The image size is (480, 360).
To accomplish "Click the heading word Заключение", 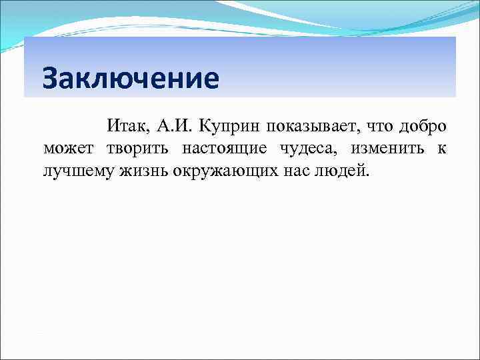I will [129, 79].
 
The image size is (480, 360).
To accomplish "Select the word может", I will [69, 149].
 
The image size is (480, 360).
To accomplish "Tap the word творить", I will [140, 149].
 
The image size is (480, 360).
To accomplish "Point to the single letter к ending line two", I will [441, 149].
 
